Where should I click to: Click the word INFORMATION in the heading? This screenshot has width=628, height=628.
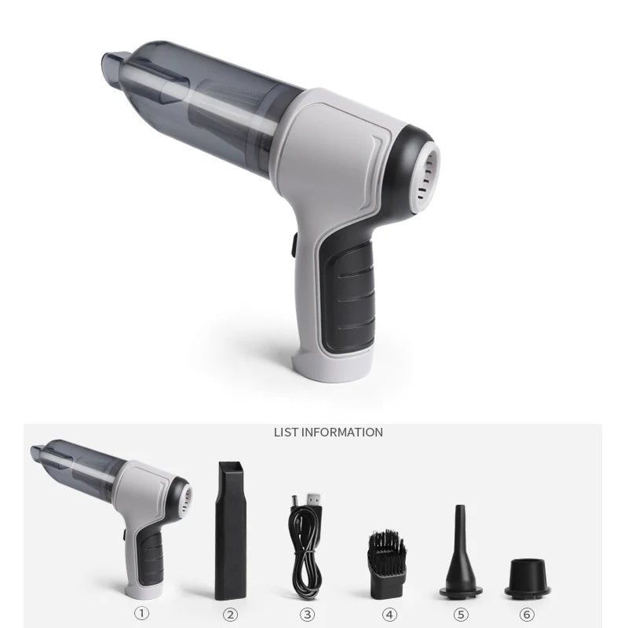341,433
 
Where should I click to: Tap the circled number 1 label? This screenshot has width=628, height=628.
141,613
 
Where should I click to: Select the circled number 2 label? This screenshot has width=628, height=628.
230,615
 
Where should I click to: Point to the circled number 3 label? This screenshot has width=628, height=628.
307,615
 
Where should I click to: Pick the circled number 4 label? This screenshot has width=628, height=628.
389,615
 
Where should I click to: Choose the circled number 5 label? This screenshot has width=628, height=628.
461,615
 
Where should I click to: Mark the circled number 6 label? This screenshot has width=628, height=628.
527,615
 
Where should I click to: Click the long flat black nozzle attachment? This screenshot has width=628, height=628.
230,531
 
